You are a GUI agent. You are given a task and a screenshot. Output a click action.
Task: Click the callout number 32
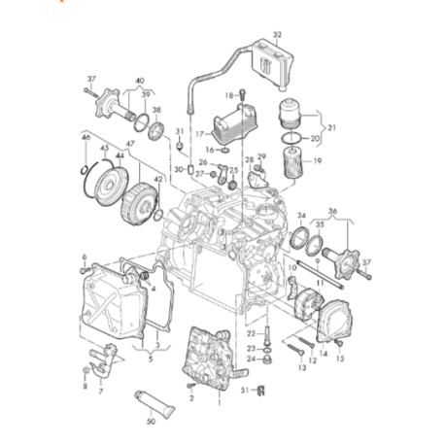pos(277,34)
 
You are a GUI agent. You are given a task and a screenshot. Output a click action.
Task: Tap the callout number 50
pos(150,423)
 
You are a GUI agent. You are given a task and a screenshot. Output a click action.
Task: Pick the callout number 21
pos(330,128)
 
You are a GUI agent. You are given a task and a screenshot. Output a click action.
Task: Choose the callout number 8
pos(86,386)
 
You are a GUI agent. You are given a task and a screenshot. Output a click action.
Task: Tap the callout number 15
pos(340,358)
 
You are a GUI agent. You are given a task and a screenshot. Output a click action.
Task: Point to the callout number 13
pos(300,368)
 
